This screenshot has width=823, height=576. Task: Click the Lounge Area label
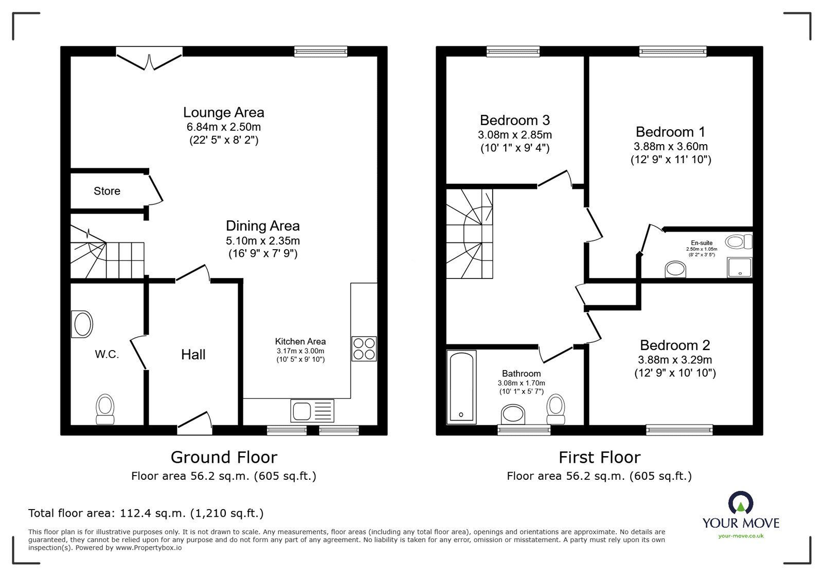point(223,113)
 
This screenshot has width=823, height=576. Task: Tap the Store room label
point(107,191)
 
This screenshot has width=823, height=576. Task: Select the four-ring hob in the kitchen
point(364,348)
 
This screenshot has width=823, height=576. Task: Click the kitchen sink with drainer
point(312,410)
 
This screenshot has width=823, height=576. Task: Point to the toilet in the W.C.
point(105,409)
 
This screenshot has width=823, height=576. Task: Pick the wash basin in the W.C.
point(82,324)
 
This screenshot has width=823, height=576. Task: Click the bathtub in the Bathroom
point(461,387)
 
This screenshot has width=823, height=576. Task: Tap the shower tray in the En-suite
point(740,267)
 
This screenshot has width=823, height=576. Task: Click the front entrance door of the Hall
point(195,423)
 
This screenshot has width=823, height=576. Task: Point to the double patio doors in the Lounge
point(149,58)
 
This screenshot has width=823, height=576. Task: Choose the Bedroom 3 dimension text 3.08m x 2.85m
point(515,135)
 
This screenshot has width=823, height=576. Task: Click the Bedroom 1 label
point(671,132)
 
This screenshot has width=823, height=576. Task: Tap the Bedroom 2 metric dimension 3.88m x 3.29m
point(675,359)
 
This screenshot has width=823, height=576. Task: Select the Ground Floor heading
point(224,457)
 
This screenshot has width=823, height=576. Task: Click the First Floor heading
point(600,457)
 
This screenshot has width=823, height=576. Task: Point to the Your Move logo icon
point(741,502)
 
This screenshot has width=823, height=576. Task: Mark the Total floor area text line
point(146,513)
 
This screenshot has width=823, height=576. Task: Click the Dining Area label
point(263,225)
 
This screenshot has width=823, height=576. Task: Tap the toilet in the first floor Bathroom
point(556,409)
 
